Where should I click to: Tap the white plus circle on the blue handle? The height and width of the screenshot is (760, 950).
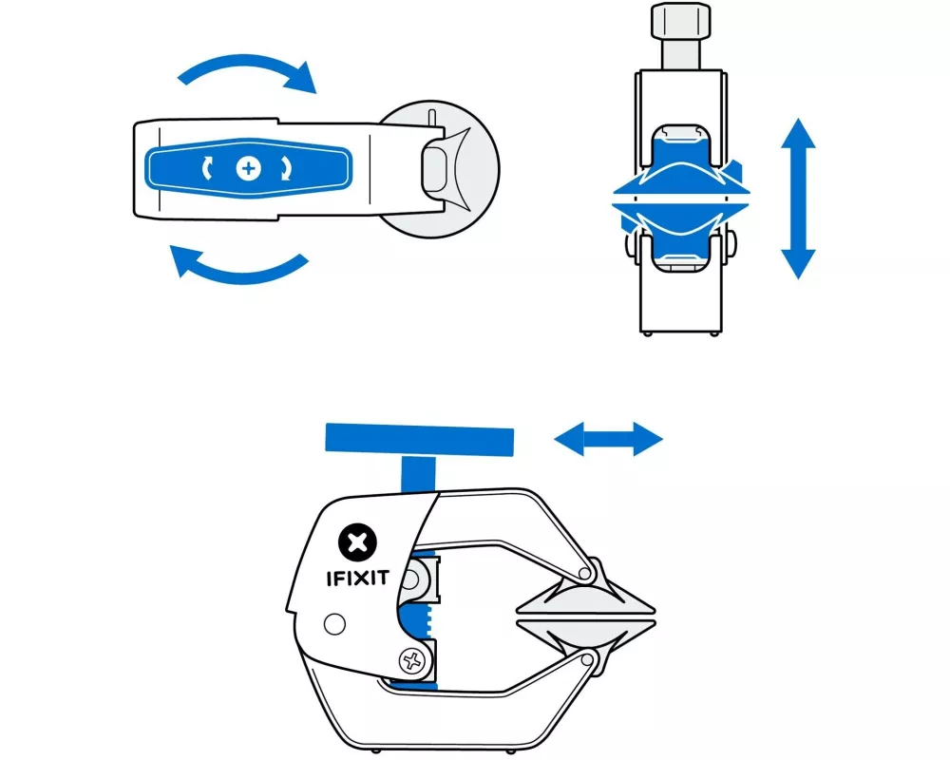click(x=249, y=168)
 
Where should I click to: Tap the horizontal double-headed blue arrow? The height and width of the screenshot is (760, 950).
click(x=608, y=438)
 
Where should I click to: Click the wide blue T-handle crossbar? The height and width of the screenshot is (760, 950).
click(x=420, y=438)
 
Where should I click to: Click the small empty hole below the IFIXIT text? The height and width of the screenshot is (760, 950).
click(x=332, y=624)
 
